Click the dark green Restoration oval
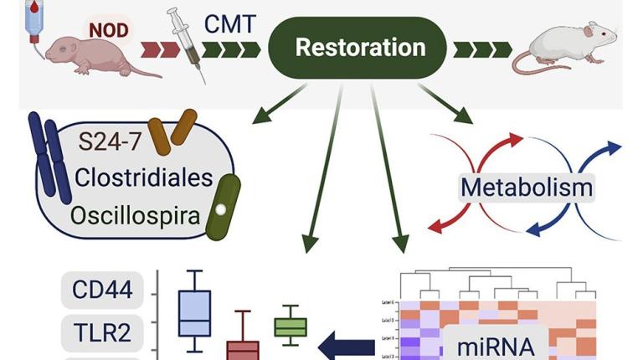point(360,48)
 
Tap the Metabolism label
point(527,186)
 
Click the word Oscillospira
point(136,216)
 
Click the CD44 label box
point(102,291)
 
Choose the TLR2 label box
point(101,333)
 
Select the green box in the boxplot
point(291,327)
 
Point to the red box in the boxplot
point(244,349)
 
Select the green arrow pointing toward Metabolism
point(445,105)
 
